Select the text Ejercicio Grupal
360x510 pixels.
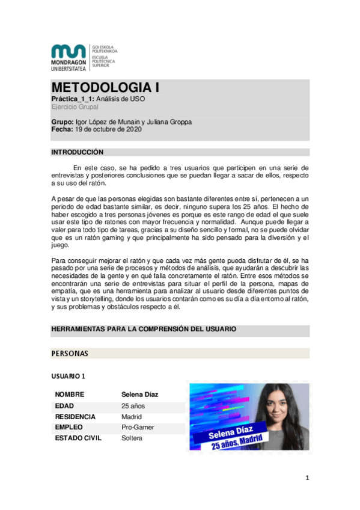(x=75, y=106)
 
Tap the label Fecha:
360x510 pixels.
(x=62, y=129)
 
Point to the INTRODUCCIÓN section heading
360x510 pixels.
(x=78, y=152)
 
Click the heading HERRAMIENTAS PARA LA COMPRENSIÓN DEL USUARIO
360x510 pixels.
(x=144, y=330)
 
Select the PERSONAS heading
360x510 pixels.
(x=70, y=353)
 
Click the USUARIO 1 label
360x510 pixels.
(x=69, y=376)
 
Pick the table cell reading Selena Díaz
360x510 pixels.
(x=139, y=395)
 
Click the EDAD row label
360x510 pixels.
(x=66, y=406)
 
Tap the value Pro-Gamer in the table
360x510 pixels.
(x=138, y=428)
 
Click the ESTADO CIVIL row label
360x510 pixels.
(x=78, y=438)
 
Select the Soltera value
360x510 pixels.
(x=132, y=438)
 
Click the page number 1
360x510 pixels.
(x=307, y=478)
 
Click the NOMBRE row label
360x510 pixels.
(x=70, y=395)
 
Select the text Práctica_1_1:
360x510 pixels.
(x=73, y=99)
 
